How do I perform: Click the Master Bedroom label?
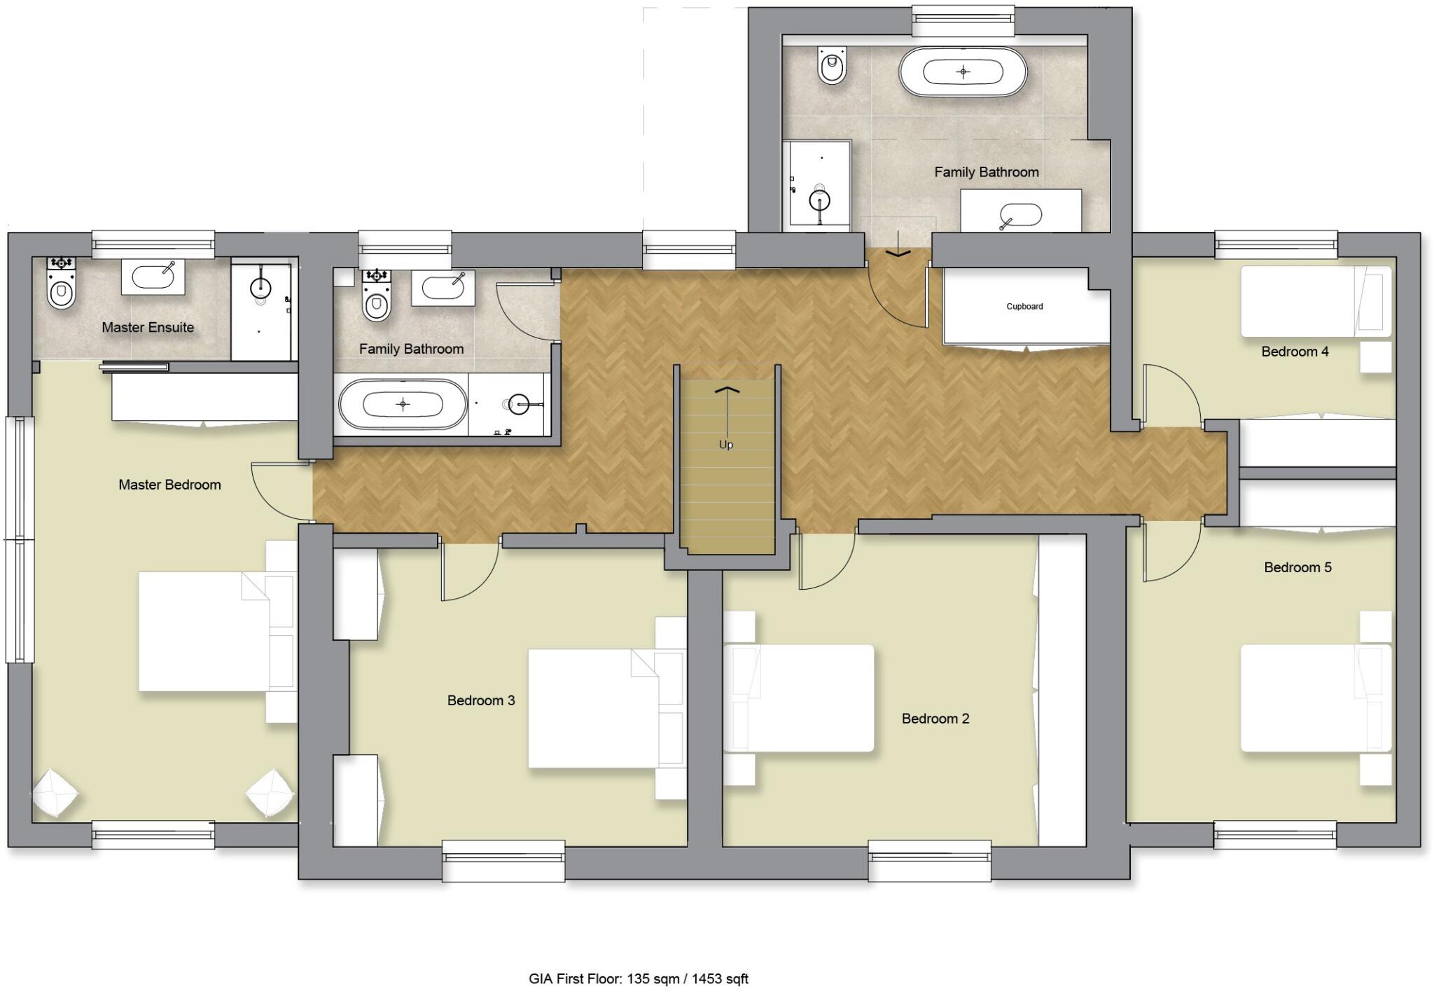point(169,485)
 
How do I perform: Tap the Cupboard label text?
point(1024,307)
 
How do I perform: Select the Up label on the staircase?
point(726,445)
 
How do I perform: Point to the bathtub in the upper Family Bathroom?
point(963,71)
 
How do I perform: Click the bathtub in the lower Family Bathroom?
point(403,404)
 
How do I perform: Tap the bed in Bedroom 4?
point(1315,301)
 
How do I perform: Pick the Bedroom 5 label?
point(1297,567)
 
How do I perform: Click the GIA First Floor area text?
point(638,978)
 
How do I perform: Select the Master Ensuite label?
point(148,327)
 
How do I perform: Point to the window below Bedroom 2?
point(929,860)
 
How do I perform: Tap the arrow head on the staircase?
point(727,389)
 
